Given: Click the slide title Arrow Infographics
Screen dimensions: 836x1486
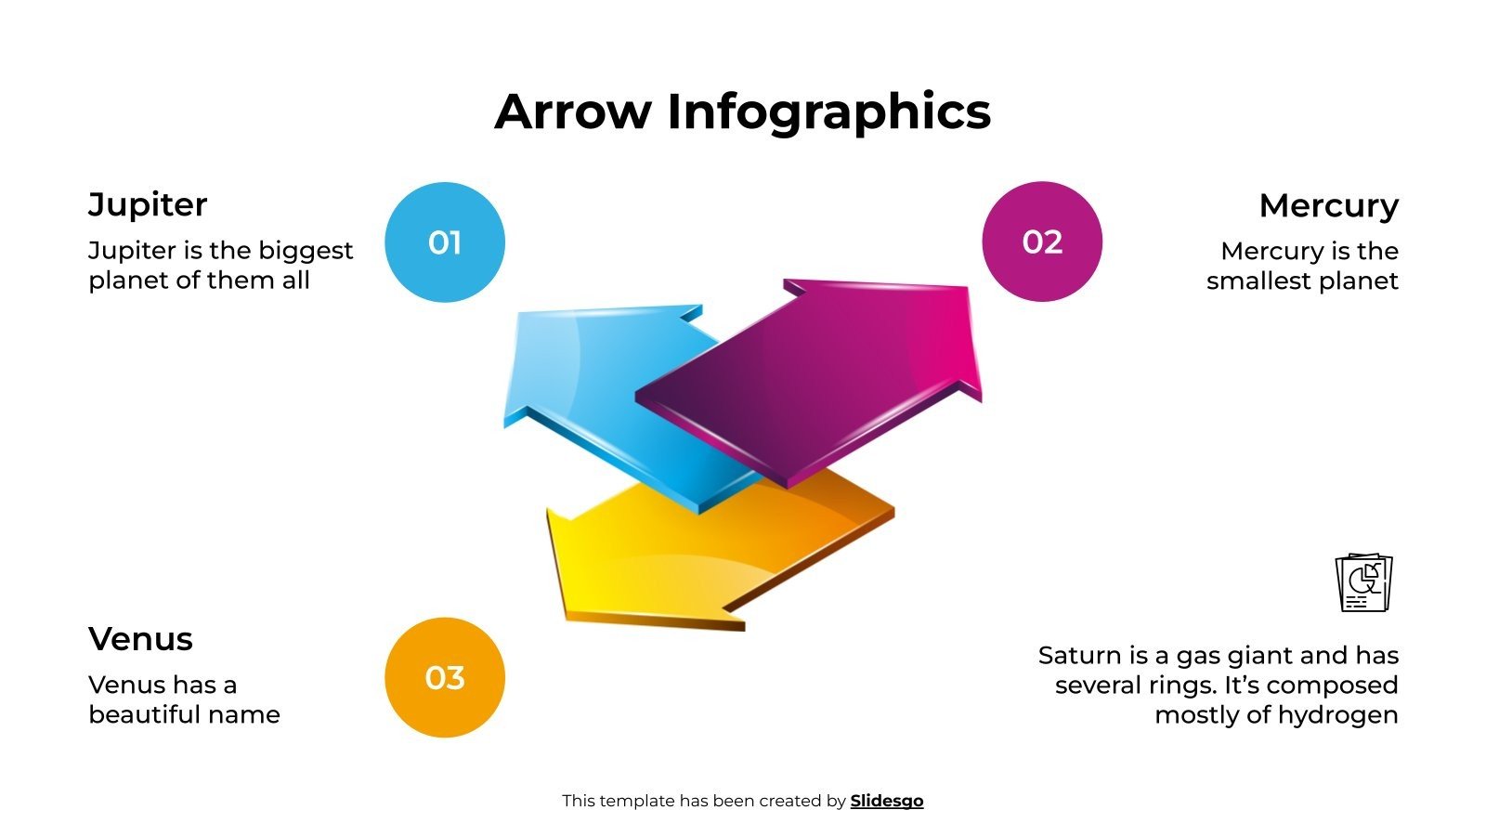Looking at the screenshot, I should (x=742, y=111).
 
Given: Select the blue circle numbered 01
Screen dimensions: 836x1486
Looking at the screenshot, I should (x=445, y=242).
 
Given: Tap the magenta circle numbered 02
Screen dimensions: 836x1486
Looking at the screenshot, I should (x=1042, y=242).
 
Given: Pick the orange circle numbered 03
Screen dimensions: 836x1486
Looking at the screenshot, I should (x=445, y=678).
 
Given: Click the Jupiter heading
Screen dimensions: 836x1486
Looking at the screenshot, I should (x=148, y=204).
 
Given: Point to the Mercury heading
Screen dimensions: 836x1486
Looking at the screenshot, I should (x=1328, y=205).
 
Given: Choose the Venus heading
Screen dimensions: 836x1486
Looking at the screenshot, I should (x=140, y=639).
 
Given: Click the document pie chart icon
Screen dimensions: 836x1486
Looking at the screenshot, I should (x=1363, y=582).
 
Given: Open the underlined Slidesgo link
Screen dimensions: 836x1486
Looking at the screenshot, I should (x=886, y=801).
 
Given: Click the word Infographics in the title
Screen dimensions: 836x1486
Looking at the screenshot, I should (x=828, y=111).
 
